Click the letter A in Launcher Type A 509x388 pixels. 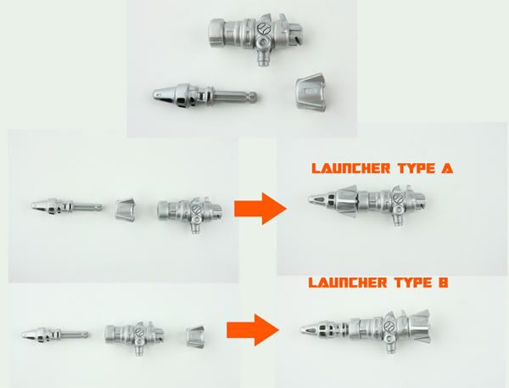coord(447,168)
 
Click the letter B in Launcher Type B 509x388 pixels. coord(443,283)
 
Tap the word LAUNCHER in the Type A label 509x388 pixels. coord(351,168)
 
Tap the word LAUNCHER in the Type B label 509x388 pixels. coord(347,283)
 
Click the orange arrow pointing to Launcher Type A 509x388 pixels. coord(260,208)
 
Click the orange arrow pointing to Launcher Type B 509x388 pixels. coord(253,329)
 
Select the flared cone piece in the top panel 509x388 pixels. coord(310,93)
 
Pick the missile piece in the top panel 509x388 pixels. coord(204,96)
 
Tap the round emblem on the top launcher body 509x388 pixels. coord(263,28)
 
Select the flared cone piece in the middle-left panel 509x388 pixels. coord(125,209)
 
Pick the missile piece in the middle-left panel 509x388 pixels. coord(66,206)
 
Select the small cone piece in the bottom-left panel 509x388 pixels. coord(195,334)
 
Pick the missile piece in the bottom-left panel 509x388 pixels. coord(55,334)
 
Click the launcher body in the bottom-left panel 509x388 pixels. coord(134,337)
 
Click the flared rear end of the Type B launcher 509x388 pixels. coord(421,326)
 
